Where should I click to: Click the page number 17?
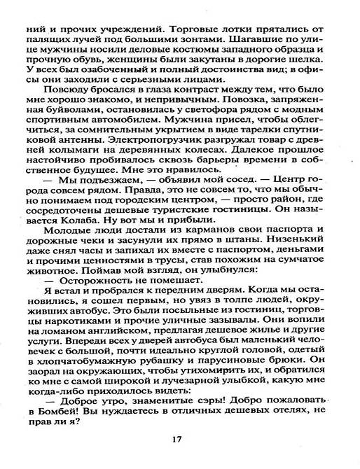tap(180, 439)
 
